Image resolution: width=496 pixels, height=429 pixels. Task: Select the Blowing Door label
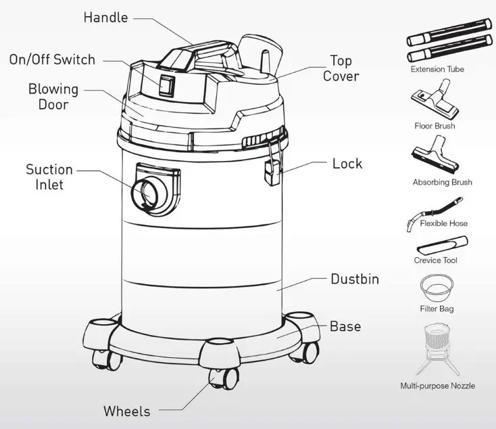pos(53,97)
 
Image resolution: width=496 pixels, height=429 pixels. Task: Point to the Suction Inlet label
pos(49,177)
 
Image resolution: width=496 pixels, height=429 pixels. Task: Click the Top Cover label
pos(341,68)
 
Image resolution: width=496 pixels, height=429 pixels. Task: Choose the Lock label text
pos(347,164)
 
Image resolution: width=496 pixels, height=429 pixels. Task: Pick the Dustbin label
pos(354,279)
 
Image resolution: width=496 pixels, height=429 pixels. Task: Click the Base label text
pos(345,327)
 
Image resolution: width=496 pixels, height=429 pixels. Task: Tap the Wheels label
pos(126,411)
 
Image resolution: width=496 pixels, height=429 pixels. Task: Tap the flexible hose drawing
pos(435,209)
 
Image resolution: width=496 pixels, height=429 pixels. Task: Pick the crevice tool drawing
pos(443,243)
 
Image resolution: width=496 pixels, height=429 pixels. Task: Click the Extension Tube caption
pos(437,69)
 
